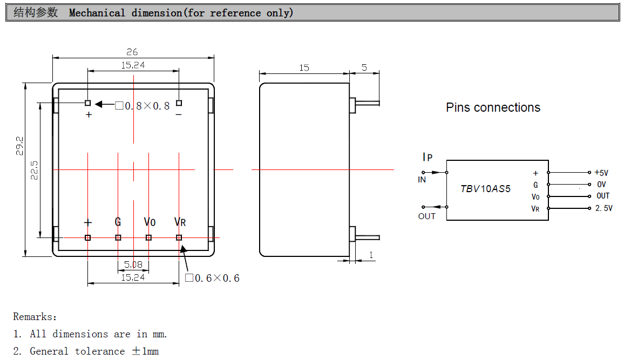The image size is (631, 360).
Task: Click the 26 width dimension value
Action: (132, 52)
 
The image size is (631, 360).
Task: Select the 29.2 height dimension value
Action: (19, 146)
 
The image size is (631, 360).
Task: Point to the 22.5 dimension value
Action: (34, 170)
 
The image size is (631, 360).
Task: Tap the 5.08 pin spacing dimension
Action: (133, 264)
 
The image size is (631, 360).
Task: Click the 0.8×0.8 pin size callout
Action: (143, 106)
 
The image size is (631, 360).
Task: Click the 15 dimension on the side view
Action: (304, 67)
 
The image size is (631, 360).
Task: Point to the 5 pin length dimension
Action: (364, 67)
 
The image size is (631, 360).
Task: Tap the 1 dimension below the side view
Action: (371, 255)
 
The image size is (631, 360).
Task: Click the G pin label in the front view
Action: (118, 222)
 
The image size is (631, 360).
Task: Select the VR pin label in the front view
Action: (180, 222)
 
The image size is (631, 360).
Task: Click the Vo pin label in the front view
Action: (150, 222)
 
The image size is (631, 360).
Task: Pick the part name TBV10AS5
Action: (485, 189)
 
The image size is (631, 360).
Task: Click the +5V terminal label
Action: (601, 173)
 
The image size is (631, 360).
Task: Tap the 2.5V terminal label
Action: (603, 208)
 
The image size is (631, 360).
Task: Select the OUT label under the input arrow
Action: (426, 216)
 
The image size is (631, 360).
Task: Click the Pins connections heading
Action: (493, 107)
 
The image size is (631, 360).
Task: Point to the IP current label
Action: (427, 157)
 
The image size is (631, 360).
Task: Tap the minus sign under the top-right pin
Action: (179, 114)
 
